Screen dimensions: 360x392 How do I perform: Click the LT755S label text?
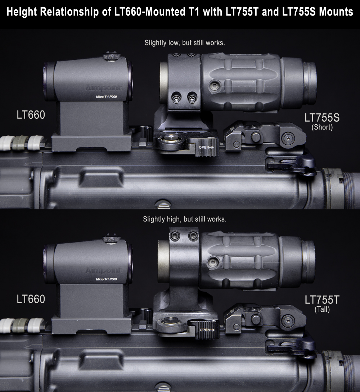[x=322, y=118]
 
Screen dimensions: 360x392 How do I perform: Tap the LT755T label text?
[x=322, y=300]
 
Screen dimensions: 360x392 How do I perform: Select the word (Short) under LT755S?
[x=322, y=127]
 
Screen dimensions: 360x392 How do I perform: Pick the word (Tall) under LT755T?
[x=322, y=310]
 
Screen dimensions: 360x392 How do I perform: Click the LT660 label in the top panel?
[x=31, y=115]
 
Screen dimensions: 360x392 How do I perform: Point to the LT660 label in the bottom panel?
[x=31, y=299]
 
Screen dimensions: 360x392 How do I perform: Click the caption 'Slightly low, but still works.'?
[x=185, y=43]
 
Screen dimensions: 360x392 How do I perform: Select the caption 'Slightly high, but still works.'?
[x=185, y=219]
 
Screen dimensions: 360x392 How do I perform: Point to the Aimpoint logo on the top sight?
[x=103, y=88]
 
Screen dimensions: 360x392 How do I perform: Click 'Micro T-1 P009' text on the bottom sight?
[x=106, y=279]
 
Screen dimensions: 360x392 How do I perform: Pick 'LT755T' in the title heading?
[x=242, y=12]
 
